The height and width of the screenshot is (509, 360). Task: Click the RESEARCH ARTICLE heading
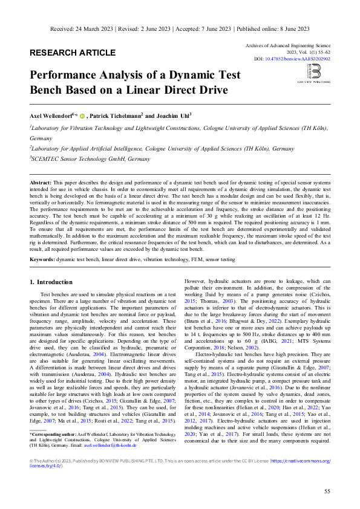pos(73,53)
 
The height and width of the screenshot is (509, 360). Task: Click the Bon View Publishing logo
pos(313,73)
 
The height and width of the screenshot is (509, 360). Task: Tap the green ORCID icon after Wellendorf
pos(82,115)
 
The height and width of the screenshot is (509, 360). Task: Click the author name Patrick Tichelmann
pos(116,115)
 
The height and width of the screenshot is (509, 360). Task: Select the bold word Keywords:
pos(42,259)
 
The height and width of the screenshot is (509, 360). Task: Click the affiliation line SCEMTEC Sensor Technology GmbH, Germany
pos(91,159)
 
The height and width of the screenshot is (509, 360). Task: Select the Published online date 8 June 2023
pos(292,28)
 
